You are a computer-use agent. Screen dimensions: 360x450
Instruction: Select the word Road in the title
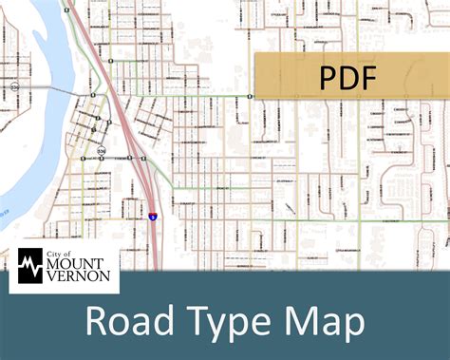click(128, 320)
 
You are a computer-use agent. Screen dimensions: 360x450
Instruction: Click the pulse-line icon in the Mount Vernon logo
click(32, 266)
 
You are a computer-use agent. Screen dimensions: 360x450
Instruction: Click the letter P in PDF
click(326, 76)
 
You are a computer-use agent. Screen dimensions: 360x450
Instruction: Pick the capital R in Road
click(98, 321)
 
